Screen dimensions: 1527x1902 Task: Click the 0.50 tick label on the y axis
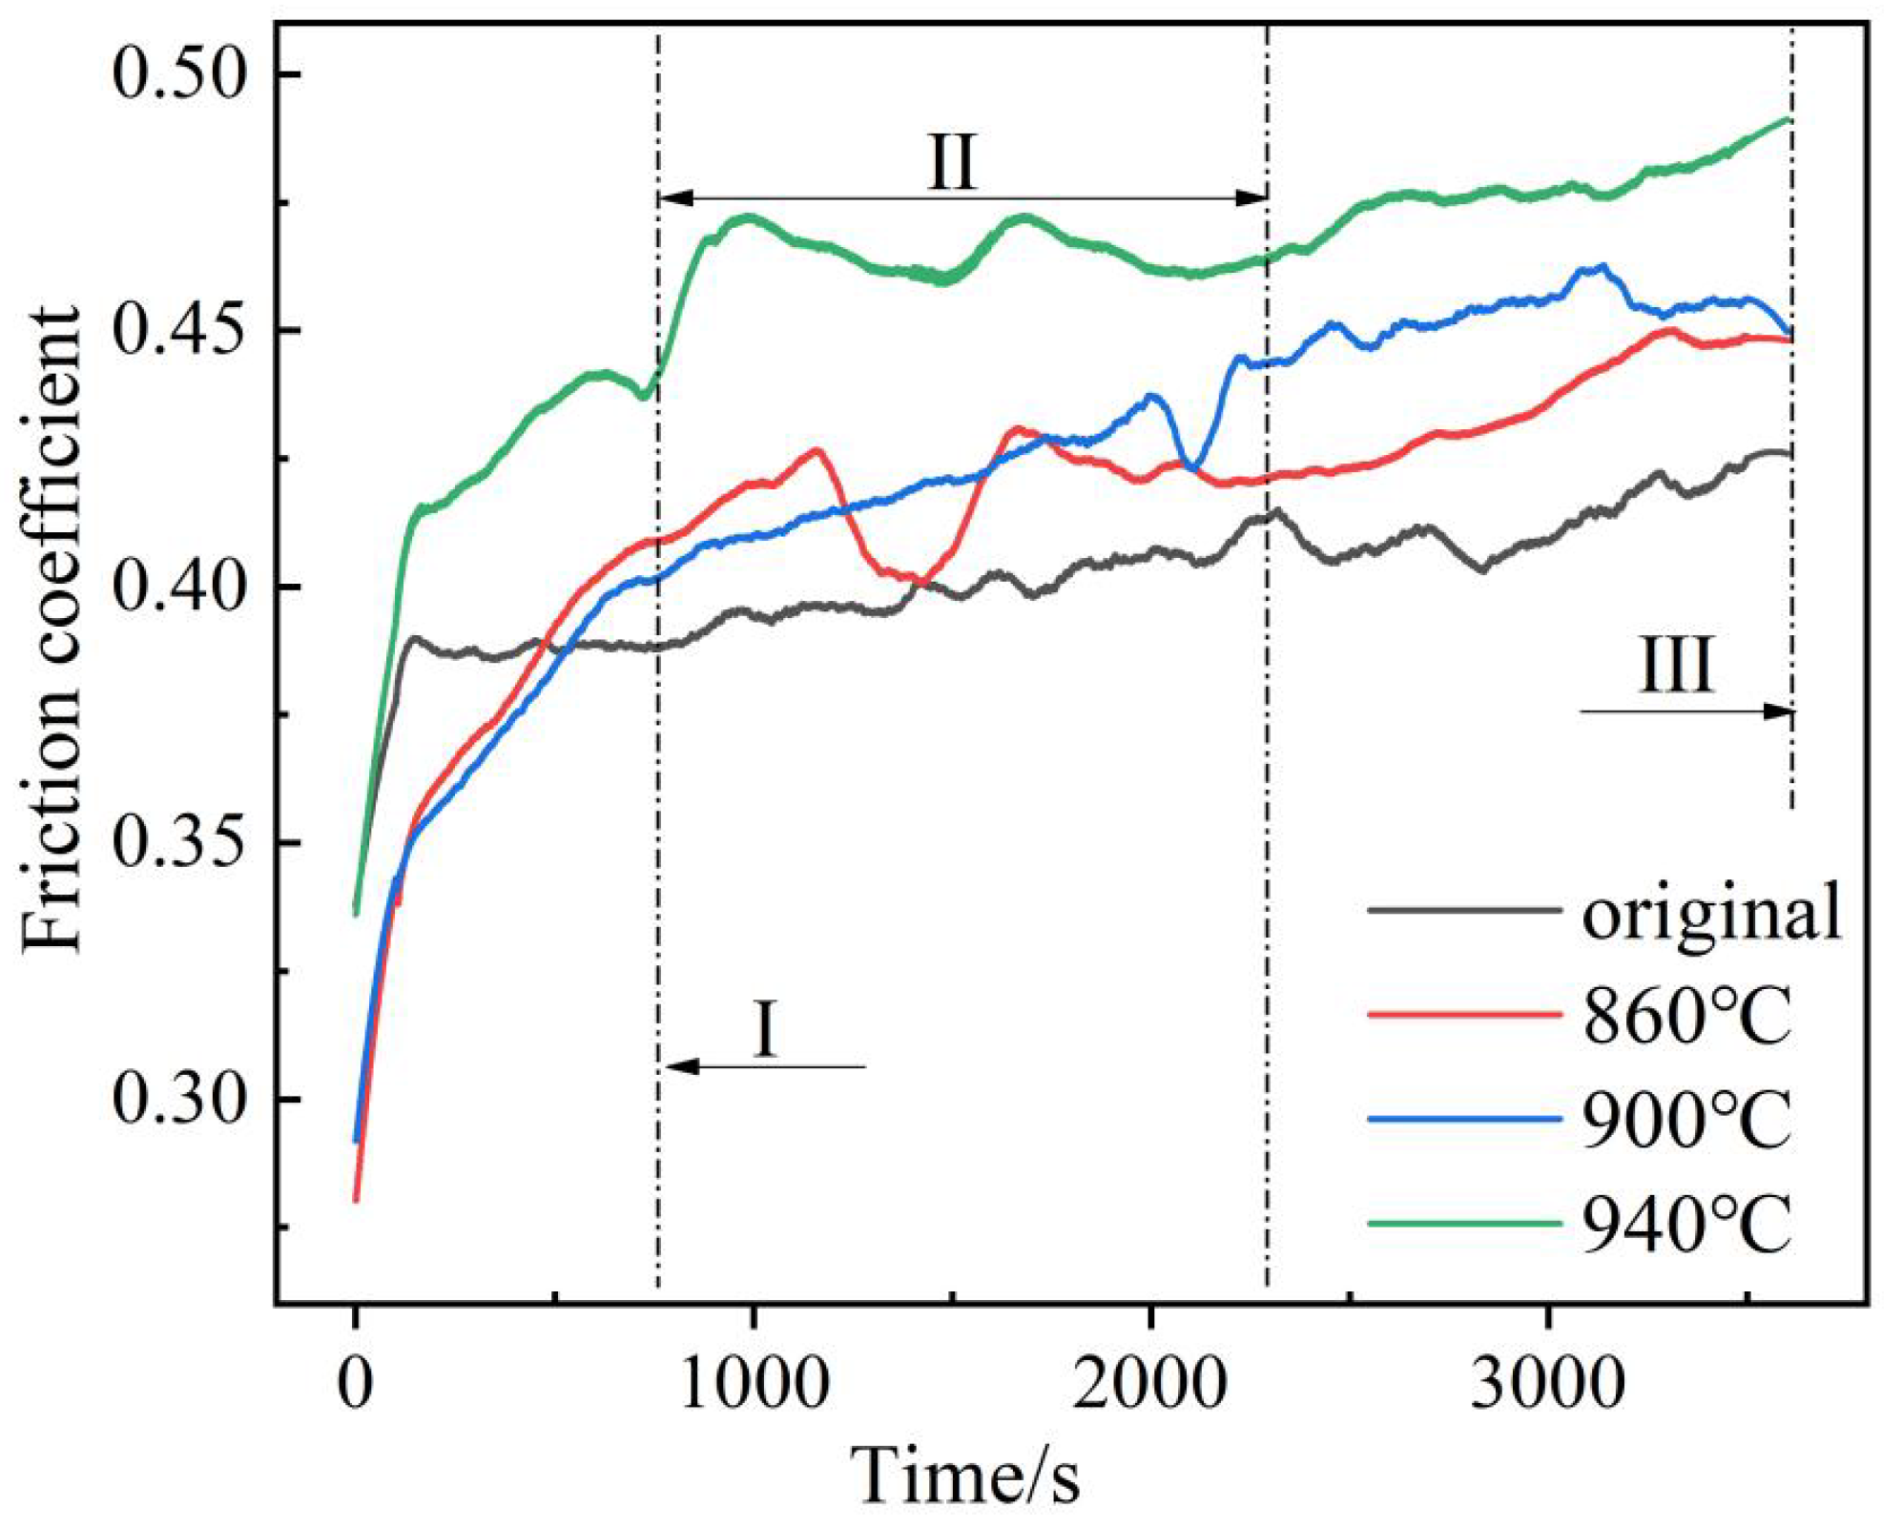tap(179, 74)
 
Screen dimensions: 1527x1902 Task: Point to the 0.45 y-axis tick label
tap(179, 331)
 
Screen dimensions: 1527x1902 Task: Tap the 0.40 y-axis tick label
tap(179, 587)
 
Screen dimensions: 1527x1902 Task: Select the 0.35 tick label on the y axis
tap(179, 843)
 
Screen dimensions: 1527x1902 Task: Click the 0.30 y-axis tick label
tap(179, 1099)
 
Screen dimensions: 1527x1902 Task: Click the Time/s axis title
tap(966, 1475)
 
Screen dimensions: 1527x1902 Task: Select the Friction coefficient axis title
tap(52, 629)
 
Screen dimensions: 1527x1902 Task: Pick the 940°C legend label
tap(1687, 1225)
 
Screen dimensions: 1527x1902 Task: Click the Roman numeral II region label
tap(952, 162)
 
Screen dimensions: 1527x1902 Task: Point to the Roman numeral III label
tap(1676, 665)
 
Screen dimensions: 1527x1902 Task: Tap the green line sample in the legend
tap(1464, 1223)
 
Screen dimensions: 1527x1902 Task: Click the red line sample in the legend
tap(1464, 1015)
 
